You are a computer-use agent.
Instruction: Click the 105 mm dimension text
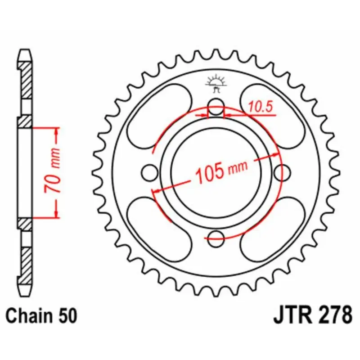pyautogui.click(x=221, y=172)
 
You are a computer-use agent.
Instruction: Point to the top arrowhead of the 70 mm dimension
pyautogui.click(x=57, y=131)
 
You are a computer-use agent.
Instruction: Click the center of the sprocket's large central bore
pyautogui.click(x=216, y=171)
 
